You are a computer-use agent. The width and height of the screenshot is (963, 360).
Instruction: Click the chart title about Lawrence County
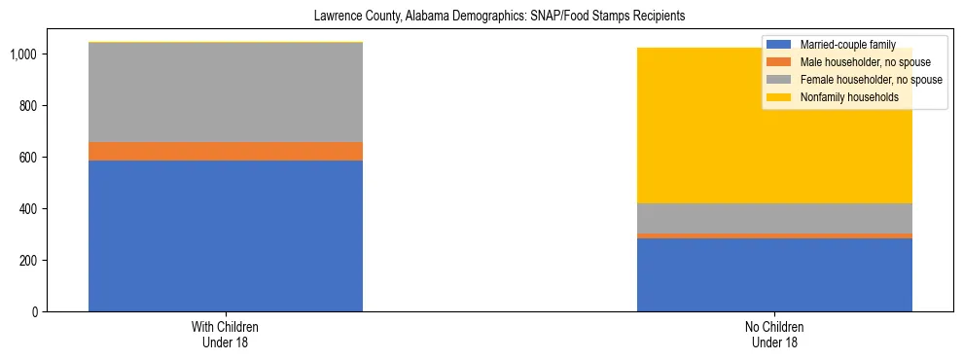point(481,17)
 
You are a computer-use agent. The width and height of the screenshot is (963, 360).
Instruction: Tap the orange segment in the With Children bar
point(226,151)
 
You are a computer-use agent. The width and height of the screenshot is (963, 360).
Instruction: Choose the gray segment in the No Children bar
point(774,218)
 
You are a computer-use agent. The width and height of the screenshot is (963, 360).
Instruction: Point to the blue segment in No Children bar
point(774,274)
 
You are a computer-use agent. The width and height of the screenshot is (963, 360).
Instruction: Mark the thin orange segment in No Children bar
point(774,235)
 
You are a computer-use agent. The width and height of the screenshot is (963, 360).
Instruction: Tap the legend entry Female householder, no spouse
point(870,80)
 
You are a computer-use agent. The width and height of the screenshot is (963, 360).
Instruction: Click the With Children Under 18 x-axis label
point(226,335)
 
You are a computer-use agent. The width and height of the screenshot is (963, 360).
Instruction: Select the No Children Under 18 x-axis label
point(774,335)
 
